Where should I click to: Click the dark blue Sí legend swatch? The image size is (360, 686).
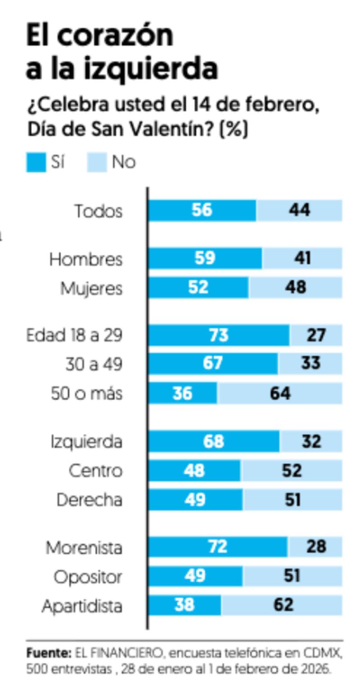pyautogui.click(x=36, y=162)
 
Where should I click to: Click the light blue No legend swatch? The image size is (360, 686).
pyautogui.click(x=97, y=162)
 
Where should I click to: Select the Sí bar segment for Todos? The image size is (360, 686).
pyautogui.click(x=202, y=211)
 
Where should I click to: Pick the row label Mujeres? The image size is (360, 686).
pyautogui.click(x=91, y=288)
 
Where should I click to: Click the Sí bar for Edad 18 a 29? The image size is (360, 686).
pyautogui.click(x=219, y=336)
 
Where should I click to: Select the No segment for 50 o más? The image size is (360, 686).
pyautogui.click(x=280, y=393)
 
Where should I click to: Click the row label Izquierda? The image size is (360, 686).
pyautogui.click(x=86, y=442)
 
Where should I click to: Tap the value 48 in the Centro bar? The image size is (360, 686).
pyautogui.click(x=194, y=471)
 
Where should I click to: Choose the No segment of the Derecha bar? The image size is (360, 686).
pyautogui.click(x=292, y=500)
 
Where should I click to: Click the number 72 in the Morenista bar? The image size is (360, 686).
pyautogui.click(x=217, y=547)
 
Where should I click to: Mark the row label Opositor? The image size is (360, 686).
pyautogui.click(x=88, y=577)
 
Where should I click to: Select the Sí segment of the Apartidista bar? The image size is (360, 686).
pyautogui.click(x=184, y=605)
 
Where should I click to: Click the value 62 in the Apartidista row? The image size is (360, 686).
pyautogui.click(x=283, y=605)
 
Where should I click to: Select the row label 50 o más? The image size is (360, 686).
pyautogui.click(x=86, y=394)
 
